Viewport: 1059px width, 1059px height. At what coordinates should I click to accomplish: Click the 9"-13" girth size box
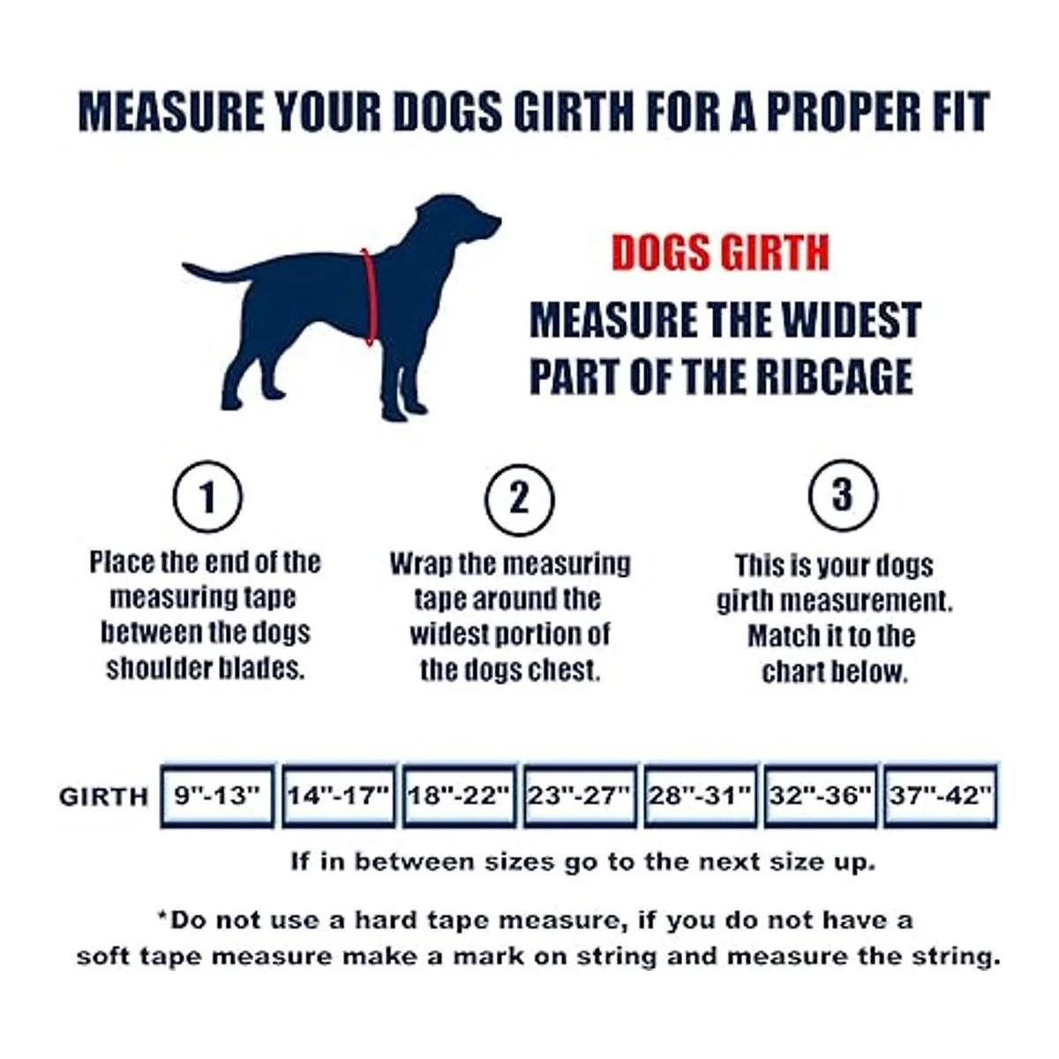tap(217, 795)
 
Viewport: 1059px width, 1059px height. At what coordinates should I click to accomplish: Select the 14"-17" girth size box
tap(339, 795)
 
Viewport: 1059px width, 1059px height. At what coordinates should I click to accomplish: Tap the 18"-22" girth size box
tap(460, 795)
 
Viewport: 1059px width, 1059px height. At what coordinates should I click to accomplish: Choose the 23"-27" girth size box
tap(581, 795)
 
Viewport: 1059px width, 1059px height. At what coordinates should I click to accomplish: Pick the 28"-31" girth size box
tap(701, 795)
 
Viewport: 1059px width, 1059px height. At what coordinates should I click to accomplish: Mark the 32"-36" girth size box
tap(821, 795)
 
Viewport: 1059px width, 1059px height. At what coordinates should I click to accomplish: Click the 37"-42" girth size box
tap(941, 795)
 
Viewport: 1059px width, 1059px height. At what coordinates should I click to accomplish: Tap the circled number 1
tap(207, 497)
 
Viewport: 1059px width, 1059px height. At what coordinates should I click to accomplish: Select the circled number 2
tap(519, 499)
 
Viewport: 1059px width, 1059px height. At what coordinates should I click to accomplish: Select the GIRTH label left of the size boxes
tap(104, 796)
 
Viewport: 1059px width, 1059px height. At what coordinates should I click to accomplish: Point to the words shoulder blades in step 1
tap(206, 669)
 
